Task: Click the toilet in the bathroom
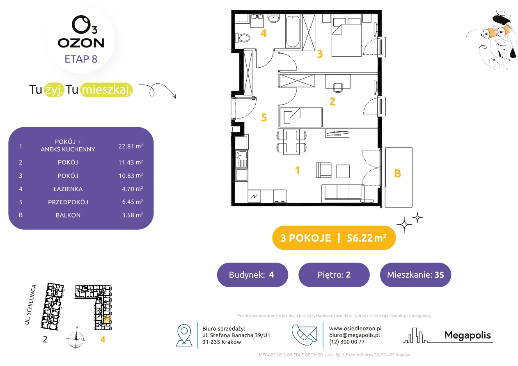[x=243, y=38]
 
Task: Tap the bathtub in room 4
[x=293, y=31]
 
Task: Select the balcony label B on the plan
[x=397, y=174]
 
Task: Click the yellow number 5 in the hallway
[x=264, y=117]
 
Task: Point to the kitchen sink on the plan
[x=242, y=159]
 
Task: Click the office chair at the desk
[x=338, y=88]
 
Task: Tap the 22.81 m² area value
[x=131, y=146]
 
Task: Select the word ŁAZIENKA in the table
[x=68, y=189]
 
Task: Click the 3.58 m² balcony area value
[x=132, y=215]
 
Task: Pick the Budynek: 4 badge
[x=252, y=274]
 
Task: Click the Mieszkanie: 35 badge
[x=415, y=274]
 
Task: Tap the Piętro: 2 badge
[x=334, y=274]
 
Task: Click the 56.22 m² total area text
[x=366, y=238]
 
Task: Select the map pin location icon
[x=184, y=335]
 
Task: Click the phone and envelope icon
[x=304, y=335]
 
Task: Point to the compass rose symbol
[x=76, y=339]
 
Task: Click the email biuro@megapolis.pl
[x=355, y=335]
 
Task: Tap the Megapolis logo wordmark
[x=468, y=335]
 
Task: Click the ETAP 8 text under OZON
[x=81, y=59]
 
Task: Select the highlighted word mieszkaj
[x=106, y=90]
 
